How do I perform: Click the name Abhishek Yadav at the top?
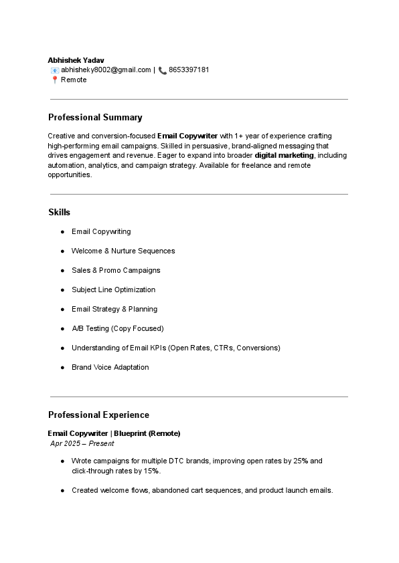(76, 60)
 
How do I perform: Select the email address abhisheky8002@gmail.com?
(106, 70)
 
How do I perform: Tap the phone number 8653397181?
(189, 70)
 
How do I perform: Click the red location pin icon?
(54, 80)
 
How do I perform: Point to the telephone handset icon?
(163, 70)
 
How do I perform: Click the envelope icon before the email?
(54, 70)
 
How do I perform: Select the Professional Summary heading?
(95, 117)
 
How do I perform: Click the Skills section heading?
(59, 212)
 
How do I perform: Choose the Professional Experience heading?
(98, 415)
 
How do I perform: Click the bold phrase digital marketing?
(284, 155)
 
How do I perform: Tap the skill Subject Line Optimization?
(113, 290)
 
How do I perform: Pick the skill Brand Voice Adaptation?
(110, 367)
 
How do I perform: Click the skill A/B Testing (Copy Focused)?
(117, 328)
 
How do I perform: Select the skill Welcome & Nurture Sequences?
(123, 251)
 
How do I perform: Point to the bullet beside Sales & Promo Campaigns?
(62, 270)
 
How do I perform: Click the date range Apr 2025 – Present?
(82, 443)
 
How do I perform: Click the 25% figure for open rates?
(300, 461)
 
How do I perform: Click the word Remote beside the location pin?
(74, 80)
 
